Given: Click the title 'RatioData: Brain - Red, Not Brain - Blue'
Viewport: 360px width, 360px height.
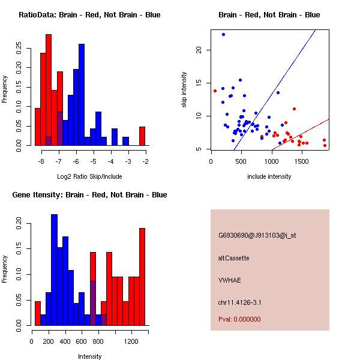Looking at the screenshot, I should point(89,15).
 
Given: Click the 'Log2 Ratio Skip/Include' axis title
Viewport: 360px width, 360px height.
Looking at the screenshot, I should point(89,176).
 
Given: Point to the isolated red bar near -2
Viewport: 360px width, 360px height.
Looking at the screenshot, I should point(142,136).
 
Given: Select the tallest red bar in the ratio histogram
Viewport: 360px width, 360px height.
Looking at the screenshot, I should point(49,90).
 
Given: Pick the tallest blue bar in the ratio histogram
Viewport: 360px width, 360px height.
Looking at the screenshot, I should point(82,95).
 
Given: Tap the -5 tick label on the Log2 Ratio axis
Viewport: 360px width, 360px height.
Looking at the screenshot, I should point(93,162).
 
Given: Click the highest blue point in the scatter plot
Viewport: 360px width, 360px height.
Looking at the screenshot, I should point(223,35).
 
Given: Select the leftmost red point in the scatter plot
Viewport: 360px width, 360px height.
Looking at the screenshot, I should point(215,91).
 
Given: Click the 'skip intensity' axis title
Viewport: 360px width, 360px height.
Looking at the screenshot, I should point(184,90).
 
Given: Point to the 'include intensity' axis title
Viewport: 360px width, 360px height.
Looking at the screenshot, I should point(269,176).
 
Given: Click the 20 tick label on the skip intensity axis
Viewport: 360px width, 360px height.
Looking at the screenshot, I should point(198,50).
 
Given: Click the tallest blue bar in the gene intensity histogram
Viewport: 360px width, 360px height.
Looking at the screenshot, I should point(54,270).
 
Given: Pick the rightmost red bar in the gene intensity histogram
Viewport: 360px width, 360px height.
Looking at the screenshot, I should point(142,277).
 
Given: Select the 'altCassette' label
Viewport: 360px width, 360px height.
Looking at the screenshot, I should point(233,258).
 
